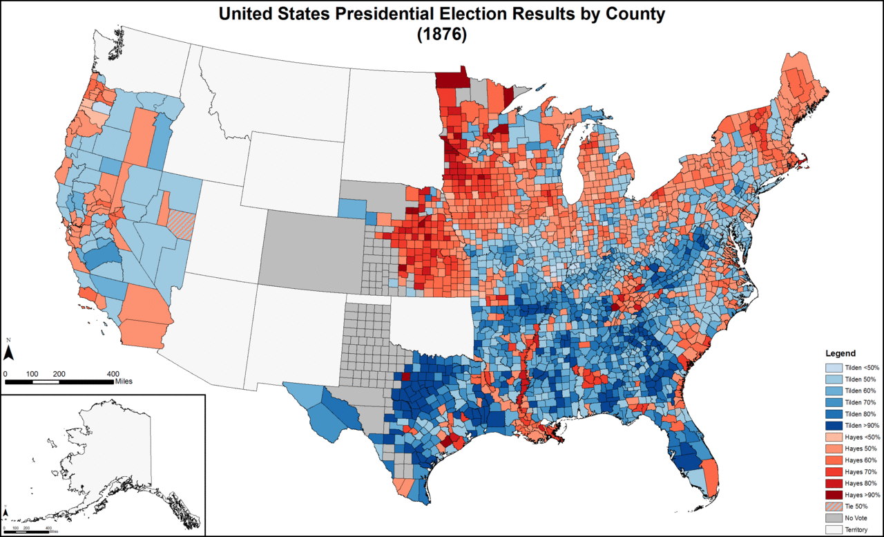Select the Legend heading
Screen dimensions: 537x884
pos(840,353)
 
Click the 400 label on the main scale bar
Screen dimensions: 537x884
pos(113,373)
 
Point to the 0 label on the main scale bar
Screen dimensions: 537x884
pos(6,373)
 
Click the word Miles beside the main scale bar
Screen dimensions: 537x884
pos(124,381)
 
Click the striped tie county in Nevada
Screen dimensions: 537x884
pos(182,225)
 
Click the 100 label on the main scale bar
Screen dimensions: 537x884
pos(32,373)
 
